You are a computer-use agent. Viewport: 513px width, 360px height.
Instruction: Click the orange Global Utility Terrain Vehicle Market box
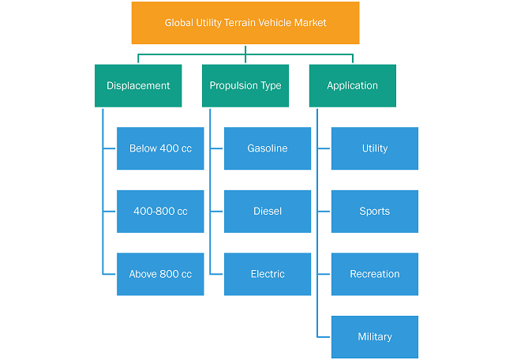pos(245,23)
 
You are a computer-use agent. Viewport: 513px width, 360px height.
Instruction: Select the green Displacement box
pos(138,86)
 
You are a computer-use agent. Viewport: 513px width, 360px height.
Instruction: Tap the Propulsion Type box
pos(245,86)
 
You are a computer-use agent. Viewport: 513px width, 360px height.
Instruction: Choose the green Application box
pos(353,86)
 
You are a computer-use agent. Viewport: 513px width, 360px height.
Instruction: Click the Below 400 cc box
pos(160,148)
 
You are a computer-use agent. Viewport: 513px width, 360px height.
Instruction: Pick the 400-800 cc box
pos(160,212)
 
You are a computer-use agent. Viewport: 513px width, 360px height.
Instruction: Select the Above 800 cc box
pos(160,274)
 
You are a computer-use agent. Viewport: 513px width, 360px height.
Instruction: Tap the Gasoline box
pos(268,148)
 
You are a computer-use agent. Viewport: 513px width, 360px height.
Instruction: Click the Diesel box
pos(268,212)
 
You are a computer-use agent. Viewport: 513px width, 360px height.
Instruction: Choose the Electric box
pos(268,274)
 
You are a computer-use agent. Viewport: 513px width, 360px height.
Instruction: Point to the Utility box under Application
pos(375,148)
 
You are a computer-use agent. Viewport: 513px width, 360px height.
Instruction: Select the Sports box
pos(375,212)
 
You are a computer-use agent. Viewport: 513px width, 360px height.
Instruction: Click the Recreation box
pos(375,274)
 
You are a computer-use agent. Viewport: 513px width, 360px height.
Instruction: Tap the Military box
pos(375,337)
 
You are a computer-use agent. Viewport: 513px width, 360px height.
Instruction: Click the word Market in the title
pos(310,23)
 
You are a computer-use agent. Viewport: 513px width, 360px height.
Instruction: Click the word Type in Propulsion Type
pos(271,86)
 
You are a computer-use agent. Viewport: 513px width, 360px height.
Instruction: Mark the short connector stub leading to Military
pos(324,337)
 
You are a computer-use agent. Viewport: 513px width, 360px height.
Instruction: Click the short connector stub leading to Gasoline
pos(216,148)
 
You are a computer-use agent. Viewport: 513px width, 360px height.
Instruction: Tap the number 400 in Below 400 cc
pos(169,148)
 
